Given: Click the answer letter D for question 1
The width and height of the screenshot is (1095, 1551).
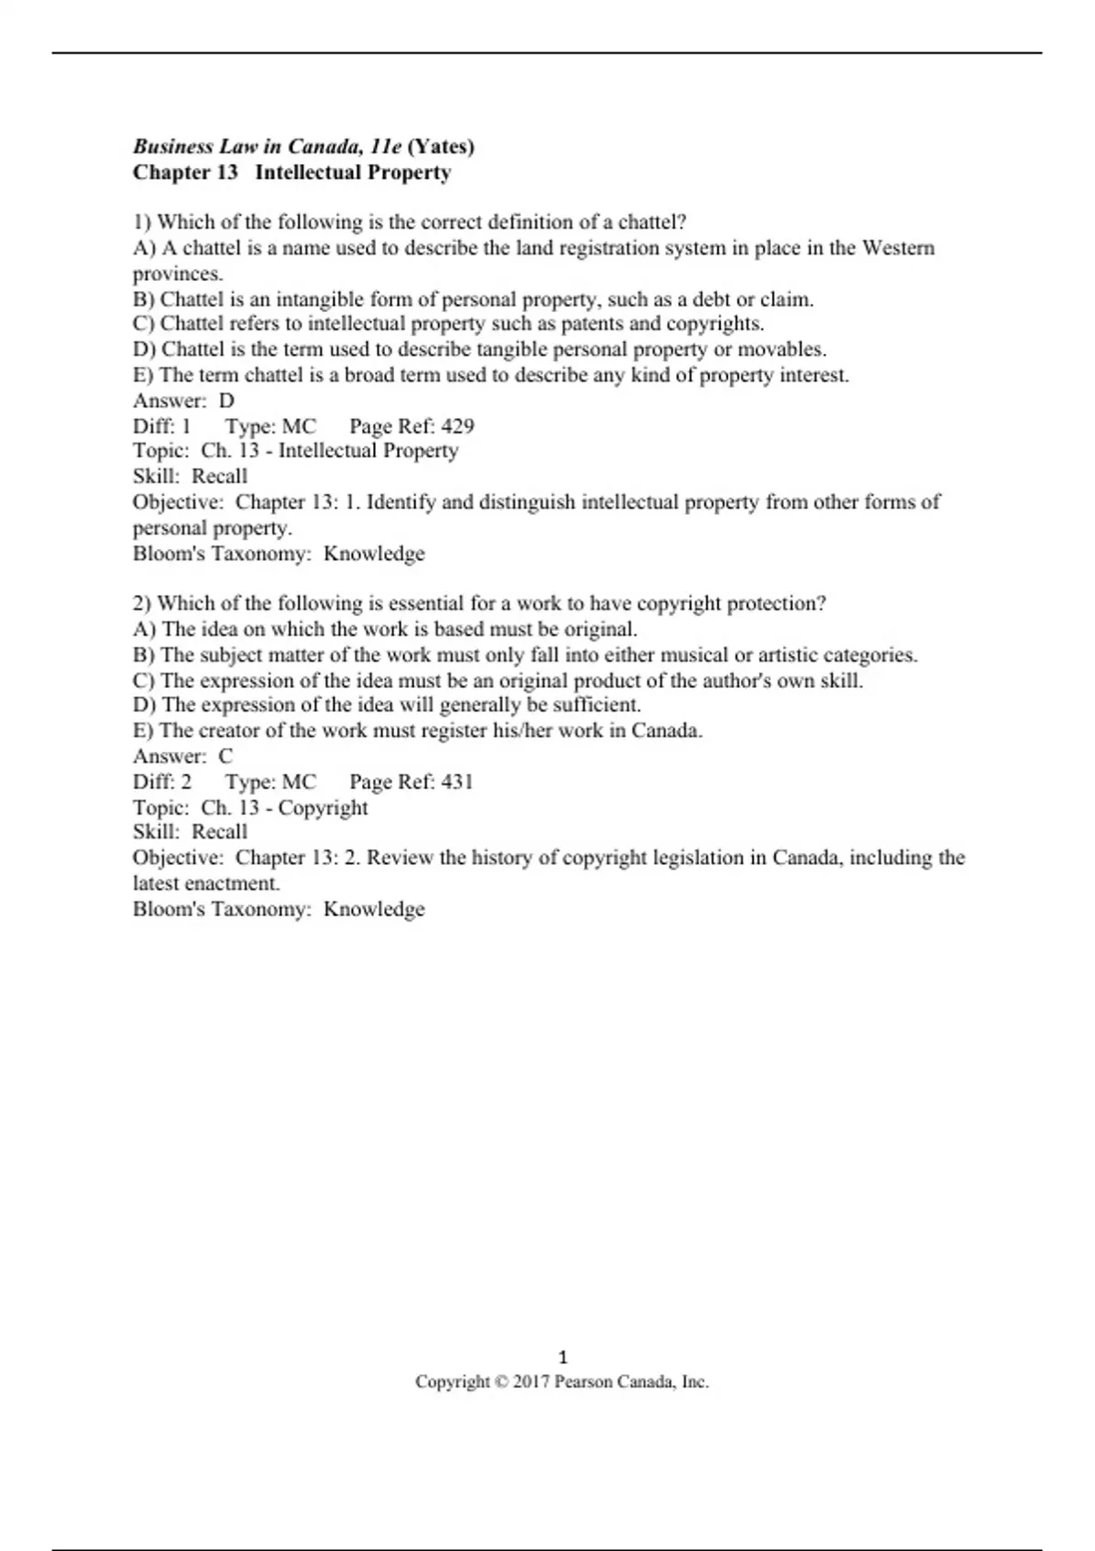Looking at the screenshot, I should tap(226, 401).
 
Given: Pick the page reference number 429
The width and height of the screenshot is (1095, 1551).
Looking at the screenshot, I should tap(457, 426).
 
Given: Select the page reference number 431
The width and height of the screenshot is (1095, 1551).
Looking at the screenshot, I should tap(457, 782).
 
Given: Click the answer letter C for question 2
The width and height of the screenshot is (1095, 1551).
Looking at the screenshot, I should tap(225, 756).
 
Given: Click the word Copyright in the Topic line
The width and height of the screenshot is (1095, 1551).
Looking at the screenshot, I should tap(323, 807).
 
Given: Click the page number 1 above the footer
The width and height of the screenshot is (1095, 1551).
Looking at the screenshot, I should tap(562, 1357).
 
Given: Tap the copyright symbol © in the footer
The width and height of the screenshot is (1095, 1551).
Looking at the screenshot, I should tap(501, 1382).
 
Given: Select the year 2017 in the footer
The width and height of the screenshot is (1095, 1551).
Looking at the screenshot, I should tap(531, 1382).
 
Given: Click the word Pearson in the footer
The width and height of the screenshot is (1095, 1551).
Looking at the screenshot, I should tap(583, 1382).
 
